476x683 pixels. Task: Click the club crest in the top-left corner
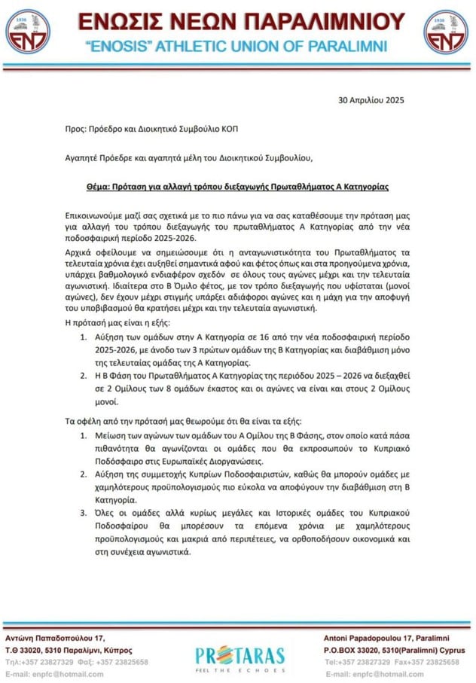pyautogui.click(x=27, y=31)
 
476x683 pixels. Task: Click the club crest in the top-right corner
pyautogui.click(x=445, y=31)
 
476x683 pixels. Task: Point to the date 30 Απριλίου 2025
pyautogui.click(x=371, y=99)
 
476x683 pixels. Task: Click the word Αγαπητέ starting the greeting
pyautogui.click(x=84, y=157)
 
